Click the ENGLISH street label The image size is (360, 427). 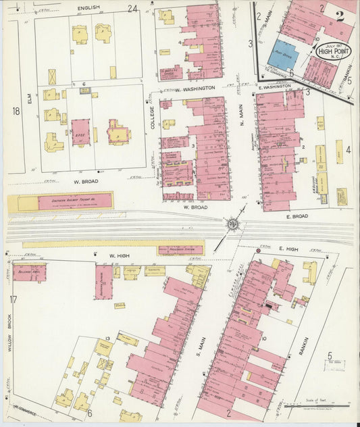(88, 7)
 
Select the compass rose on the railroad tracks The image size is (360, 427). (232, 224)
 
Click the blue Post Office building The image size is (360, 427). (285, 54)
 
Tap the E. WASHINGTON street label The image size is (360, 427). (274, 86)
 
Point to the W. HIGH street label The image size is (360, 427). (118, 255)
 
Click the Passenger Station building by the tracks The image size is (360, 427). (180, 250)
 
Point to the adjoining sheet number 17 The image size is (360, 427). (13, 299)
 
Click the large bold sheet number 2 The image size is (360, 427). (340, 18)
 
